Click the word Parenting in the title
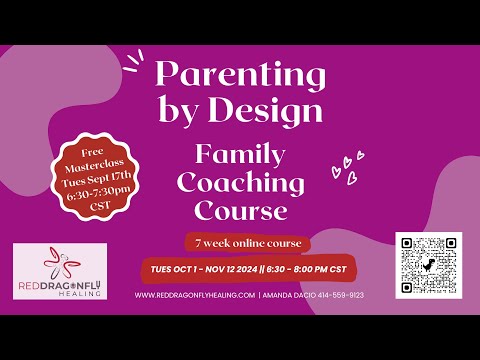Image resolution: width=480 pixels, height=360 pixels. point(239,75)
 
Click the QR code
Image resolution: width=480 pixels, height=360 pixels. point(428,264)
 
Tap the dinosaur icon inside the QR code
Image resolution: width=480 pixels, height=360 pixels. point(428,265)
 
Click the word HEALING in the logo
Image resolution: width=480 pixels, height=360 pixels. point(60,290)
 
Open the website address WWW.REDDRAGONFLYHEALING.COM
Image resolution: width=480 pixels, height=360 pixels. point(194,296)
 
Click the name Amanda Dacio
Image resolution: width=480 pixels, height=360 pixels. point(290,296)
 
